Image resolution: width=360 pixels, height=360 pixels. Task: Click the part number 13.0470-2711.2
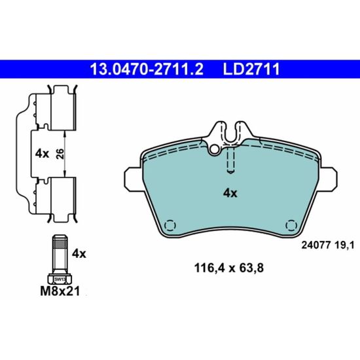[147, 69]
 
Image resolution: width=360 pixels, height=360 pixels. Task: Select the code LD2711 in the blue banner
[251, 69]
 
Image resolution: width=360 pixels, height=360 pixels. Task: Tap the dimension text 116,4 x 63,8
[229, 268]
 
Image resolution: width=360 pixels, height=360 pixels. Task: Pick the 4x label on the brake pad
[230, 193]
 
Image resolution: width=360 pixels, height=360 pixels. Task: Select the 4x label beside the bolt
[79, 254]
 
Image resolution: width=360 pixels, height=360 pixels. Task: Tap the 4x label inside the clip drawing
[42, 154]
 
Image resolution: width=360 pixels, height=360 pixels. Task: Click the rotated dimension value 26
[60, 154]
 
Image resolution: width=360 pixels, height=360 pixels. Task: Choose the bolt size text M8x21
[60, 291]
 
